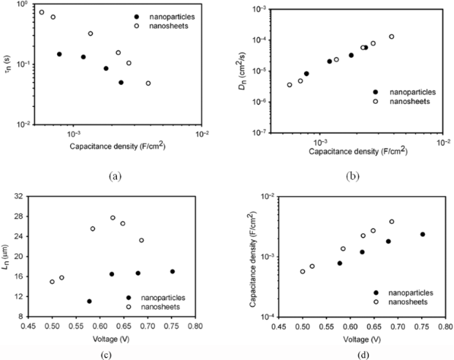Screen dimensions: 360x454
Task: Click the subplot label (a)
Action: point(114,176)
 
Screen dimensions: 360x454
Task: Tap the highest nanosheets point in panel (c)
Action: point(113,218)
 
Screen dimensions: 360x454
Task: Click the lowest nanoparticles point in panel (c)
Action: point(89,301)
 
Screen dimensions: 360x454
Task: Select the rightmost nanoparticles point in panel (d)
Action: point(423,234)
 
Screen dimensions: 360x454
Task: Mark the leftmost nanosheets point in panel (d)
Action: point(303,271)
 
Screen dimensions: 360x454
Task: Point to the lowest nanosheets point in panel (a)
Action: point(148,83)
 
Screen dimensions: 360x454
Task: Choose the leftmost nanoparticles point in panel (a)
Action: point(59,54)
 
